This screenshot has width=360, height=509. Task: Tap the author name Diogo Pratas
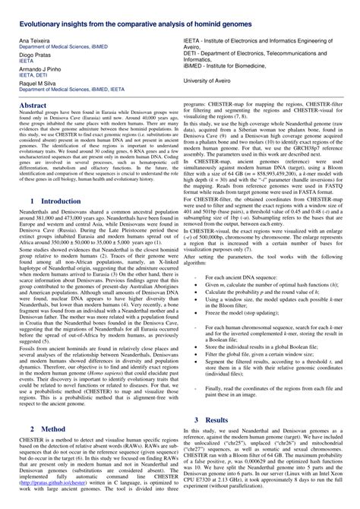tap(34, 55)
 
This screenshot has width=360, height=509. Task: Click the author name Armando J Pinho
tap(40, 70)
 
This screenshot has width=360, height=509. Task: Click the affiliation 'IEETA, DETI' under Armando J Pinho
tap(36, 76)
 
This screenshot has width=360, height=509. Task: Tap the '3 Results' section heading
tap(216, 419)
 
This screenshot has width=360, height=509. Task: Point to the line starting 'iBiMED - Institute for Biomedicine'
tap(237, 65)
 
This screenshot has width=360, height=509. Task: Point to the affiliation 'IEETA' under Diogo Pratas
tap(29, 62)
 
